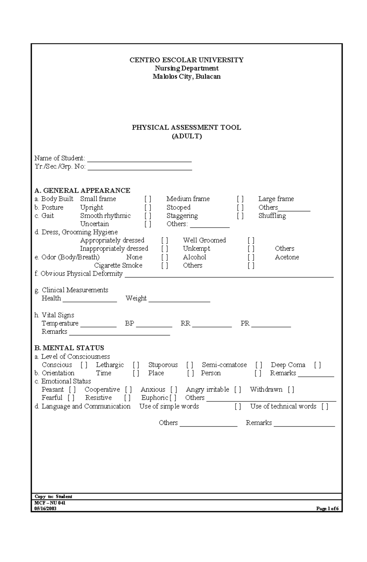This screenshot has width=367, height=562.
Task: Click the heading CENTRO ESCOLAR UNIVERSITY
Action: [186, 60]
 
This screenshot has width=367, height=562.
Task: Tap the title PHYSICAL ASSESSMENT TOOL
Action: [186, 127]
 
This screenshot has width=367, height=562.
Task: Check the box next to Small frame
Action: [148, 199]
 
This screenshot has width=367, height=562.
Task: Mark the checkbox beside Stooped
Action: [240, 208]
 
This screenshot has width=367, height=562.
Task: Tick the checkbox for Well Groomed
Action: [251, 240]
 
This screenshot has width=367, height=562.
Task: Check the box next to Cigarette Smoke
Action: [165, 266]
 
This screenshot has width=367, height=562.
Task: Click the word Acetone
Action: [287, 257]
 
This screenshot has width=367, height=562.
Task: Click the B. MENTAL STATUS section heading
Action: [69, 348]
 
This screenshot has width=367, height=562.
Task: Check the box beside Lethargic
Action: [136, 365]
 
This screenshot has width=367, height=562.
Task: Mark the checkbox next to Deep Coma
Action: [317, 365]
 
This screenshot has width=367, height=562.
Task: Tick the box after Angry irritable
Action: [238, 390]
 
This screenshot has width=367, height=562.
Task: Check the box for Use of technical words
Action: [325, 406]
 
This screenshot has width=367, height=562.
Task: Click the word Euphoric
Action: [155, 398]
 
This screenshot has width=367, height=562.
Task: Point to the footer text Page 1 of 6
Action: [327, 509]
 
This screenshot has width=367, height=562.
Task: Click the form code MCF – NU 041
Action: [50, 503]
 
